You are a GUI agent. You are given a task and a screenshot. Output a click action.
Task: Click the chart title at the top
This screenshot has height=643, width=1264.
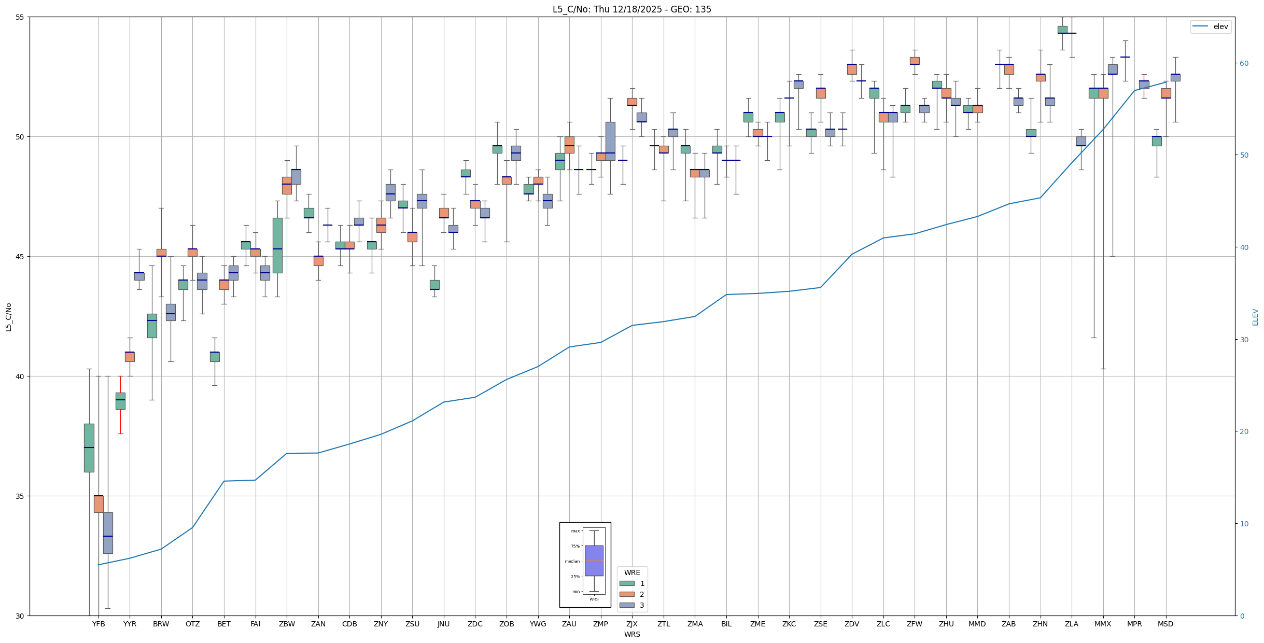click(x=631, y=9)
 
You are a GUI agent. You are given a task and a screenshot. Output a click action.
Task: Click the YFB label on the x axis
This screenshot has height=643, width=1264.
click(x=99, y=624)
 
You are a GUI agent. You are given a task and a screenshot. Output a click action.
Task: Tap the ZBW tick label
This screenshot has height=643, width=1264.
click(x=287, y=624)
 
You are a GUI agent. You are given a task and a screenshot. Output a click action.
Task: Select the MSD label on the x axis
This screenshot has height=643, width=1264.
click(x=1165, y=624)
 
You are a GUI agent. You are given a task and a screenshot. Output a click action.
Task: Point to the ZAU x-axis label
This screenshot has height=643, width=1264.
click(x=569, y=624)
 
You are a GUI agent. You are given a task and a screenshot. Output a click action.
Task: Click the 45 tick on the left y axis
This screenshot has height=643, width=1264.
click(x=21, y=257)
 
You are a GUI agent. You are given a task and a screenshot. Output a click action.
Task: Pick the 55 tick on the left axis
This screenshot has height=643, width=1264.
click(x=21, y=17)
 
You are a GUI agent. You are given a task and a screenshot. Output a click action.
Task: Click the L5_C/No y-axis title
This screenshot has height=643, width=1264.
click(x=8, y=317)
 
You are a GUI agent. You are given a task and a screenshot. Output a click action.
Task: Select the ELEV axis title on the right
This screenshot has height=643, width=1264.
click(x=1255, y=317)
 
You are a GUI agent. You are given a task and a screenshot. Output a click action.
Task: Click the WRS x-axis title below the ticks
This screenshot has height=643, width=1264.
click(x=632, y=634)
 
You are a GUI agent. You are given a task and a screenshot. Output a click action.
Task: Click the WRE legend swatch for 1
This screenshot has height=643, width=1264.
click(x=627, y=583)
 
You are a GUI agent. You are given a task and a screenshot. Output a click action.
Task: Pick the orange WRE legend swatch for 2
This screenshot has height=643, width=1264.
click(x=627, y=594)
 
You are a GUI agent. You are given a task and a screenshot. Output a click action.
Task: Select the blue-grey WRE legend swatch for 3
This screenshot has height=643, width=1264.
click(x=627, y=605)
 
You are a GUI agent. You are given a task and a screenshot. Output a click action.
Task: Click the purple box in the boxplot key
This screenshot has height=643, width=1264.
click(x=594, y=561)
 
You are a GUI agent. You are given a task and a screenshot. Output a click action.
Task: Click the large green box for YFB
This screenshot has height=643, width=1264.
click(x=89, y=448)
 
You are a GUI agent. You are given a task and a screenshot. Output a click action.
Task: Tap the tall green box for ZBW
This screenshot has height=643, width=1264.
click(x=277, y=245)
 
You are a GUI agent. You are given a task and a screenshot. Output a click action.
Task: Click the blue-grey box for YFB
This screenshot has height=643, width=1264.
click(x=108, y=533)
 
